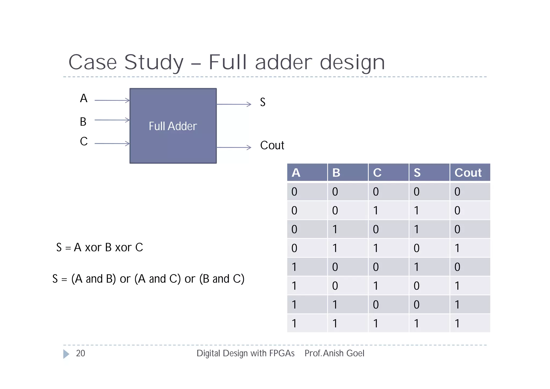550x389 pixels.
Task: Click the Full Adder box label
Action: pos(173,126)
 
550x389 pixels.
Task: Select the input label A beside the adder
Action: pos(84,98)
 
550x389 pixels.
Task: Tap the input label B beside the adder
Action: pos(83,122)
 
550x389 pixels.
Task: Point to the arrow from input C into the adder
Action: pos(112,144)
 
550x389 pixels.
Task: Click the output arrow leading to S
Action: pos(233,104)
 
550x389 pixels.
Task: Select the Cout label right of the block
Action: pos(272,145)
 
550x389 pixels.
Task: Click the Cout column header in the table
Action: pos(468,173)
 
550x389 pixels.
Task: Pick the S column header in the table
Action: pos(417,173)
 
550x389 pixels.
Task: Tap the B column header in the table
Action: pos(336,173)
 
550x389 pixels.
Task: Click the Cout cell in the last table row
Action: pos(457,323)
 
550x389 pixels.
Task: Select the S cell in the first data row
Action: pos(416,192)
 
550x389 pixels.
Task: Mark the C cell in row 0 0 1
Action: pos(376,210)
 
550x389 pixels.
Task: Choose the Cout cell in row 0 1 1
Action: pos(457,248)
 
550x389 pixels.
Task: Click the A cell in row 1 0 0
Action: pos(294,267)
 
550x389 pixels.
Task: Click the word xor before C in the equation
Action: pos(123,248)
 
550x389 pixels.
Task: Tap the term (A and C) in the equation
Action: pos(157,279)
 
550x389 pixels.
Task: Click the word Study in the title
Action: pos(154,62)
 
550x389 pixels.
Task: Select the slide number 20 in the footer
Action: pos(80,353)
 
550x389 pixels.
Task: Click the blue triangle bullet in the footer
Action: pos(66,354)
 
